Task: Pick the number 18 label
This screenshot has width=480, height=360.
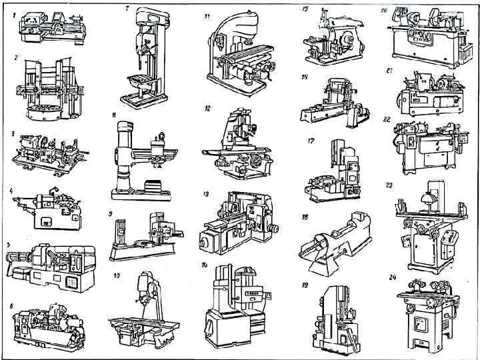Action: coord(304,217)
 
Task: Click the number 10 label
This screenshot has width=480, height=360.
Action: coord(117,275)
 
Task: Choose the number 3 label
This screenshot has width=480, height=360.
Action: coord(13,133)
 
